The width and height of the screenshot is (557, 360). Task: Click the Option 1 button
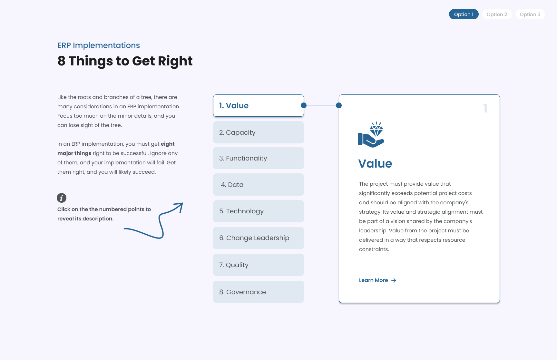pos(464,15)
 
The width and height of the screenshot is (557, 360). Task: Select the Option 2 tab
pos(497,15)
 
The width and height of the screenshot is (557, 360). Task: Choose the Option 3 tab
pos(530,15)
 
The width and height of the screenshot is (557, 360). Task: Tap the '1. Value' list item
pos(258,106)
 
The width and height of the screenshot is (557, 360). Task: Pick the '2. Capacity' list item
pos(258,132)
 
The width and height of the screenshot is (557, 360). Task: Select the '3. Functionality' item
pos(258,158)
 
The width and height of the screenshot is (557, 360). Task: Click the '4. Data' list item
pos(258,185)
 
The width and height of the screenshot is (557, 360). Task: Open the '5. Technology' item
pos(258,211)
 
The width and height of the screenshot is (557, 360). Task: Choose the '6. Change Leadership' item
pos(258,238)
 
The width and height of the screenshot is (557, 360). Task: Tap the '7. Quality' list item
pos(258,265)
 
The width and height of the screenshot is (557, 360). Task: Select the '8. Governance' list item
pos(258,292)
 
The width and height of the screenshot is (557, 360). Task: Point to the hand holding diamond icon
pos(371,135)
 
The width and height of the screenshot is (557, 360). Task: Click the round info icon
pos(62,198)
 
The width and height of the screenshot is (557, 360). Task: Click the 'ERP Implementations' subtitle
pos(99,45)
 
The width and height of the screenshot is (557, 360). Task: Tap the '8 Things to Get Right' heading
pos(125,61)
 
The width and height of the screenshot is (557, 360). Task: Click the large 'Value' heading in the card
pos(375,164)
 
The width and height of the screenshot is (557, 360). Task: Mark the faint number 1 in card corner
pos(485,108)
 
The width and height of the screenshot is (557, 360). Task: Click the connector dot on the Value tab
pos(304,105)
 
